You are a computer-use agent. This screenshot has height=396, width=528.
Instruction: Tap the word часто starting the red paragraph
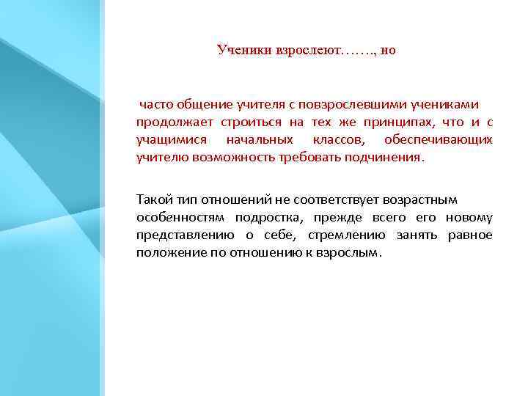tap(156, 104)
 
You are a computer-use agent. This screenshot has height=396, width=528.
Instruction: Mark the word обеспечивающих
tap(446, 139)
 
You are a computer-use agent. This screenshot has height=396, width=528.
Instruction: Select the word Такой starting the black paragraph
tap(153, 199)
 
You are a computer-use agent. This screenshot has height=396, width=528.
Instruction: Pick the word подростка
tap(273, 217)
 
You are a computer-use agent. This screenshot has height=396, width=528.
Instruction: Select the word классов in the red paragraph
tap(335, 139)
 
